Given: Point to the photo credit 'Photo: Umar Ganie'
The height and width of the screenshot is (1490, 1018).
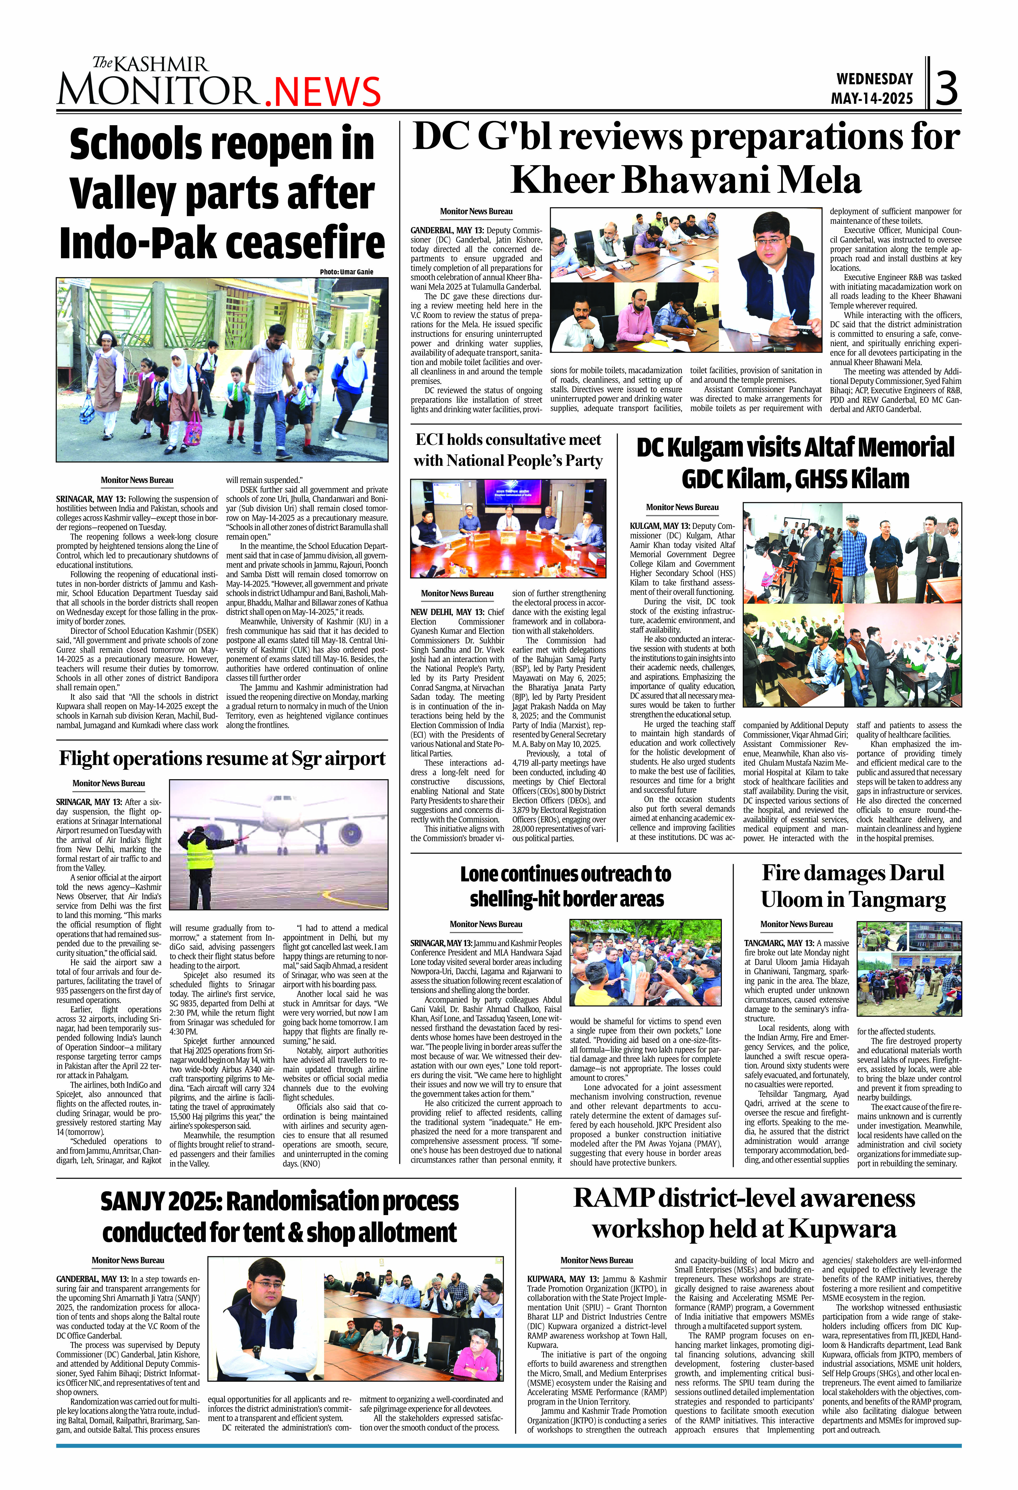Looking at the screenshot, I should [346, 272].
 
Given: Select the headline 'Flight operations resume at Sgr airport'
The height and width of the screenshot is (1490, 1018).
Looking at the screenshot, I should [222, 759].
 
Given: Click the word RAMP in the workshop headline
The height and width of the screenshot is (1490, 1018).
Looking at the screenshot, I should [613, 1198].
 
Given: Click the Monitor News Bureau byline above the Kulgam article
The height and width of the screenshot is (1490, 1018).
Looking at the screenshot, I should [682, 507].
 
